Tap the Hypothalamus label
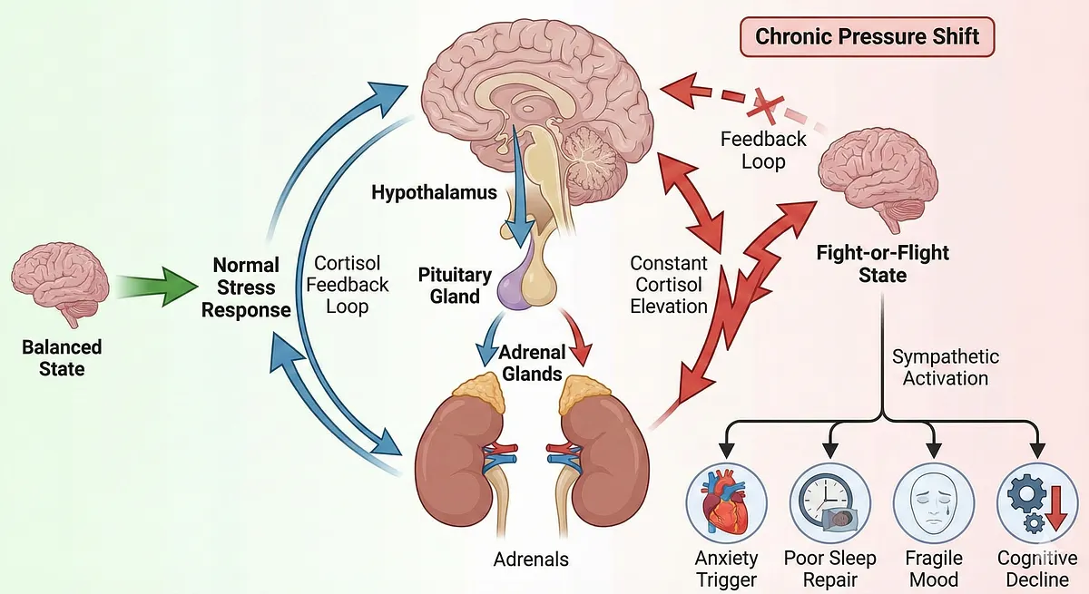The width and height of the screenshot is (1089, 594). click(x=434, y=192)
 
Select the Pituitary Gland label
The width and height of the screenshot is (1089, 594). click(x=455, y=285)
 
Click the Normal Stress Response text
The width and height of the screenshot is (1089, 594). click(x=246, y=287)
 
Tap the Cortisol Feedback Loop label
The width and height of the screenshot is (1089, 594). click(x=351, y=285)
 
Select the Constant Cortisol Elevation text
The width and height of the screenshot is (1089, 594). click(x=669, y=285)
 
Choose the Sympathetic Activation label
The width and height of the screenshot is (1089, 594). click(x=946, y=367)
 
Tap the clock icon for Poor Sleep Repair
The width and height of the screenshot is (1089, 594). click(x=829, y=501)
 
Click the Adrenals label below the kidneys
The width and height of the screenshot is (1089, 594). click(x=531, y=559)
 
